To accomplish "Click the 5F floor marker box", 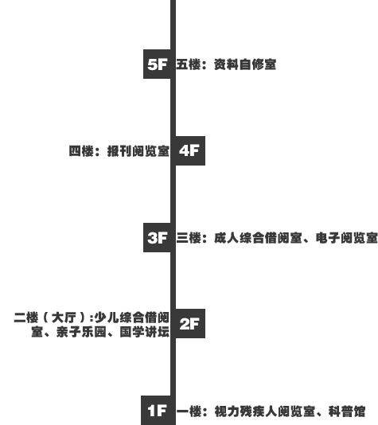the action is click(x=157, y=64).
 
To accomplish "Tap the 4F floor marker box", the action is click(x=190, y=150).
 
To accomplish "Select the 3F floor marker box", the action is click(x=157, y=238).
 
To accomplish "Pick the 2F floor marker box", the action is click(x=190, y=323).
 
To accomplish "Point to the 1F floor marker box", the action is click(x=156, y=411).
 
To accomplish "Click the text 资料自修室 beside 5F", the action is click(x=245, y=64).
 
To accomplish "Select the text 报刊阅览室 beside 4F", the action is click(x=138, y=151).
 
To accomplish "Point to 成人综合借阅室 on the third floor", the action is click(x=258, y=238).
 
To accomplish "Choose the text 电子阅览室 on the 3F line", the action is click(x=347, y=238).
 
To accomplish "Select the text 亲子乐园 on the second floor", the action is click(x=81, y=332).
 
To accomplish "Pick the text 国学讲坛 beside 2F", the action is click(x=145, y=332).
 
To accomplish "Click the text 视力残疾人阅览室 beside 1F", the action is click(x=265, y=411).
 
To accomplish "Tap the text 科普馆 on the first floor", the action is click(x=347, y=411).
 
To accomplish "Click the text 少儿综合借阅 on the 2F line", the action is click(x=132, y=318).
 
